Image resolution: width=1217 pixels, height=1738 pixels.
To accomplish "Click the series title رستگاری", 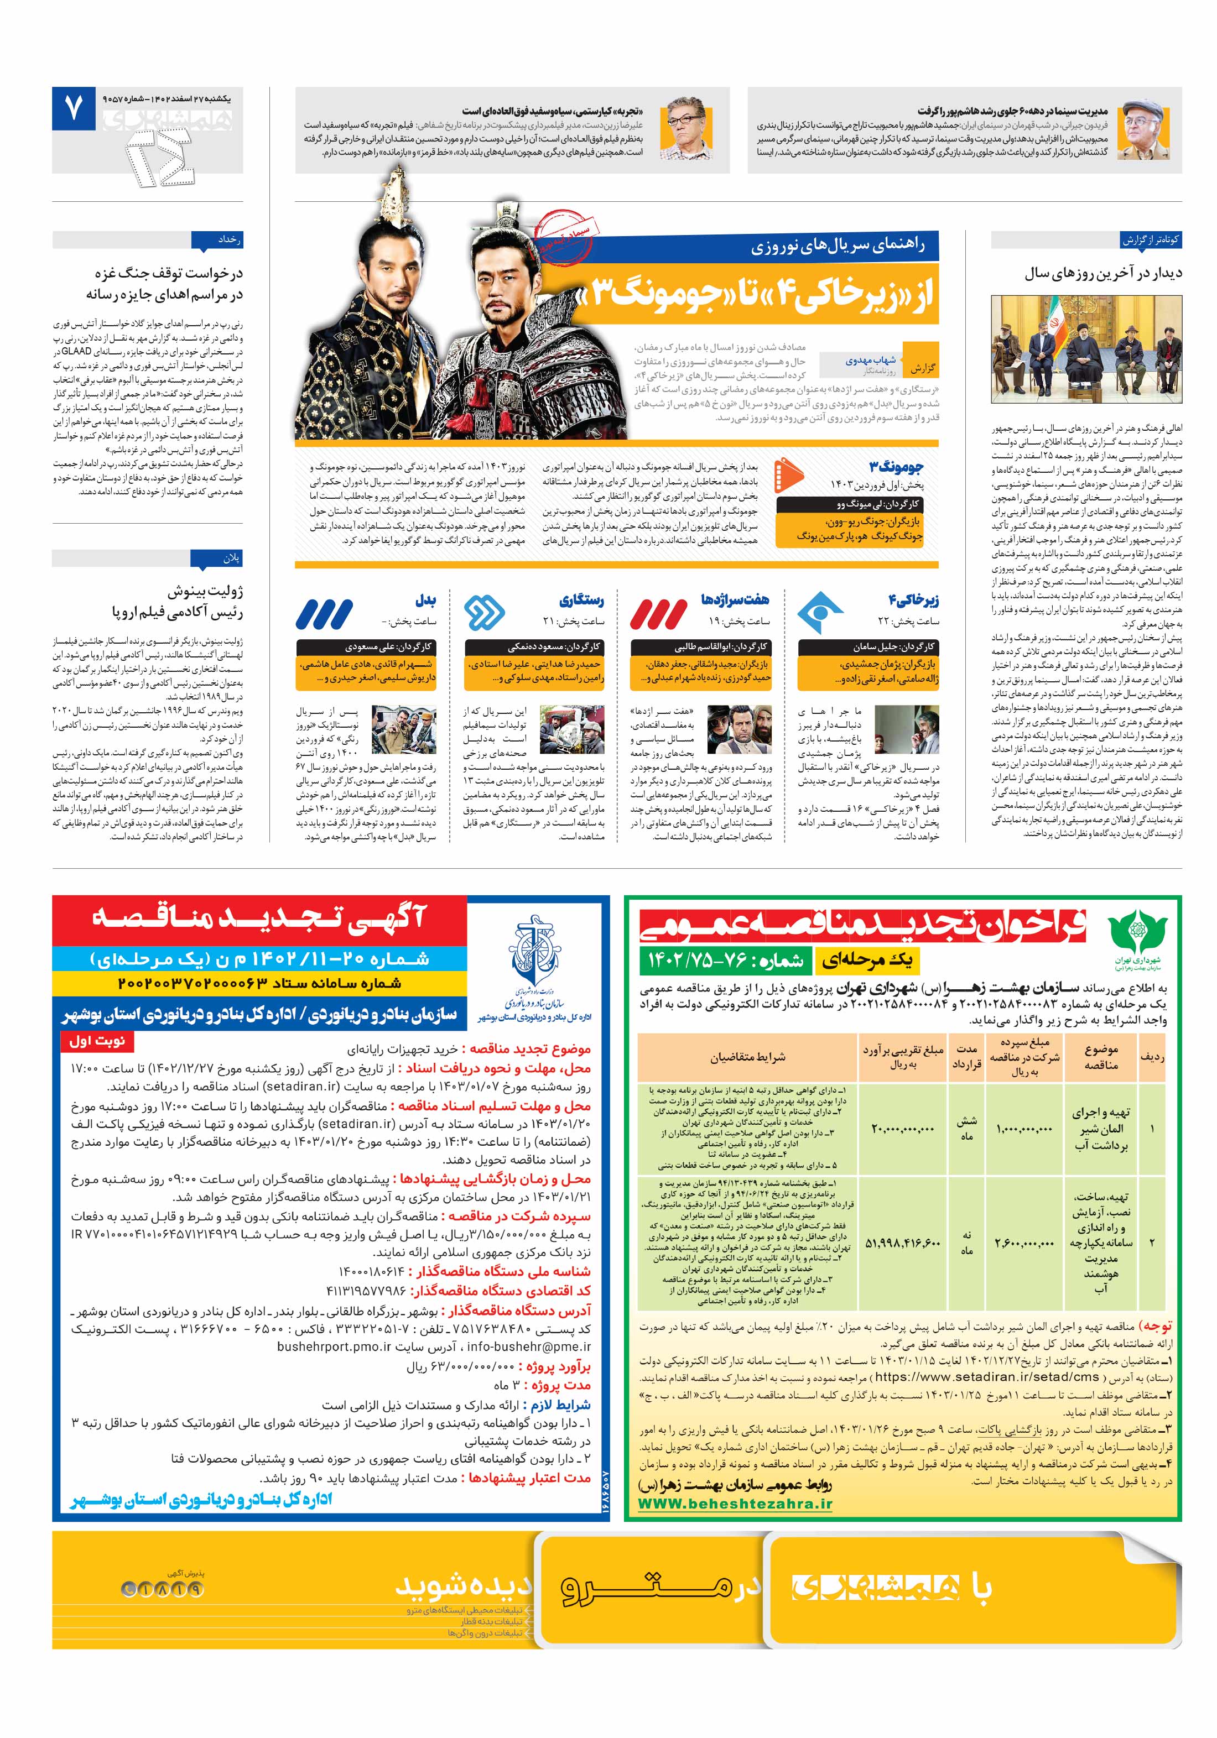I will [581, 601].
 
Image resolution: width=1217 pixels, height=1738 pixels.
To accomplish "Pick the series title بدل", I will [425, 601].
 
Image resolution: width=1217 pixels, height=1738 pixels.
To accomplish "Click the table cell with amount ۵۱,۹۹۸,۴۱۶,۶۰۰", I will [903, 1244].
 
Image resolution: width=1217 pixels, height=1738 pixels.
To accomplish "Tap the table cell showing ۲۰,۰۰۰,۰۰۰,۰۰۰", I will [903, 1129].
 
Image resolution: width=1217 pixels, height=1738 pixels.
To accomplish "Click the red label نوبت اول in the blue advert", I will [97, 1041].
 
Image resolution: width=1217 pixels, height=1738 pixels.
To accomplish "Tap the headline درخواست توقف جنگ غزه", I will [168, 273].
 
